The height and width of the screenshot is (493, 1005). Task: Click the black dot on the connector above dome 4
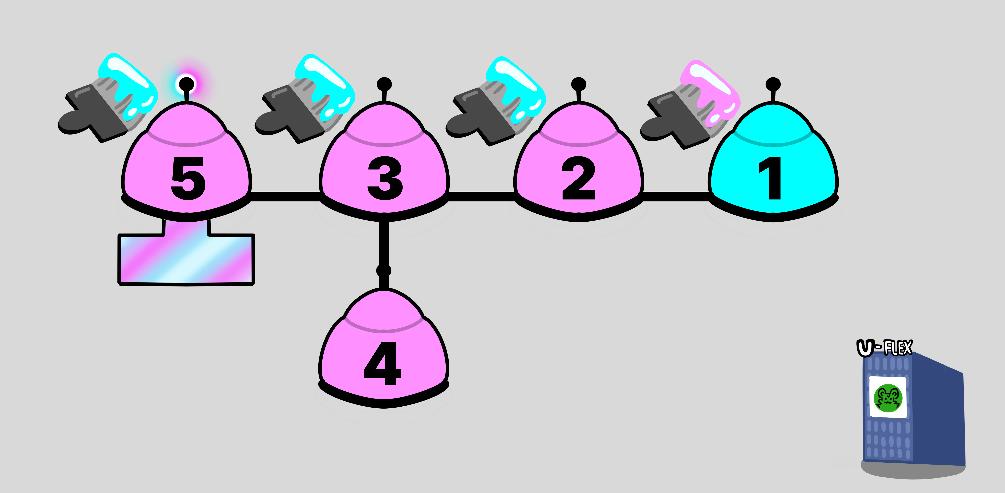click(x=384, y=270)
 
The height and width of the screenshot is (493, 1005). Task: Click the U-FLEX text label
click(x=885, y=347)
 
